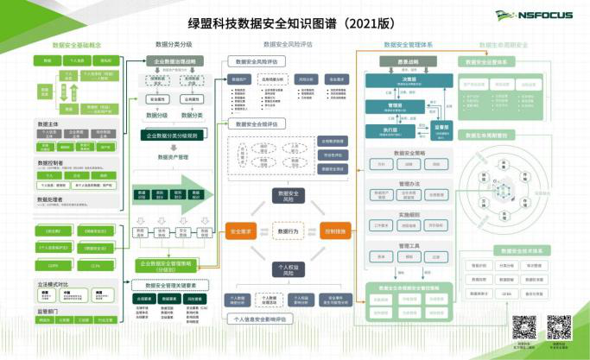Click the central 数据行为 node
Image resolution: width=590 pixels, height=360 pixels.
click(288, 231)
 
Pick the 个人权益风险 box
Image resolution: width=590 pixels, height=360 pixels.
click(288, 270)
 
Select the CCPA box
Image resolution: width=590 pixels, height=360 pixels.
click(95, 266)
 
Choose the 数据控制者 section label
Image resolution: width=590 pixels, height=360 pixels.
click(51, 162)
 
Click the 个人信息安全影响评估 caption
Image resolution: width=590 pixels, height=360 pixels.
click(261, 319)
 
